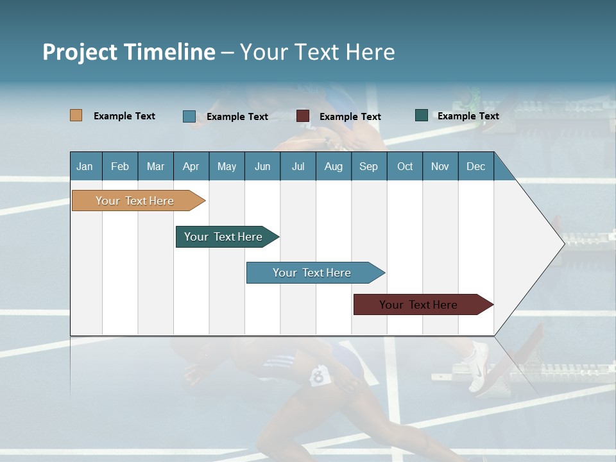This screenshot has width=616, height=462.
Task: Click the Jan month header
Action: pos(85,166)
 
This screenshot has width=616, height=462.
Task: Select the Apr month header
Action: pos(191,166)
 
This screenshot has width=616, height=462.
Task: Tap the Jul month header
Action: pos(298,166)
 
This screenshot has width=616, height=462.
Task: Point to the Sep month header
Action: pos(368,166)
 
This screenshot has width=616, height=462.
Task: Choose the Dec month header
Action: pos(475,166)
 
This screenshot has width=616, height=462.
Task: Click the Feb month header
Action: pos(120,166)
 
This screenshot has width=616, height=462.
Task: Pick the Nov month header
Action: pos(440,166)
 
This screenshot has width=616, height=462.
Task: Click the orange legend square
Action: pos(76,116)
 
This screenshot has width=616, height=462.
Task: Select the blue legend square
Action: pos(189,116)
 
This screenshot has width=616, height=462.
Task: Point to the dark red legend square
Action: pos(303,116)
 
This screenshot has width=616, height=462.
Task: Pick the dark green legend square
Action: pos(422,116)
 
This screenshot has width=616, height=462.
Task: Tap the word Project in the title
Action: pos(80,52)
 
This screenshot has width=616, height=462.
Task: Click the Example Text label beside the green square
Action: pos(468,116)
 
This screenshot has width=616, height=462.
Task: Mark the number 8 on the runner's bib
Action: pos(318,376)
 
